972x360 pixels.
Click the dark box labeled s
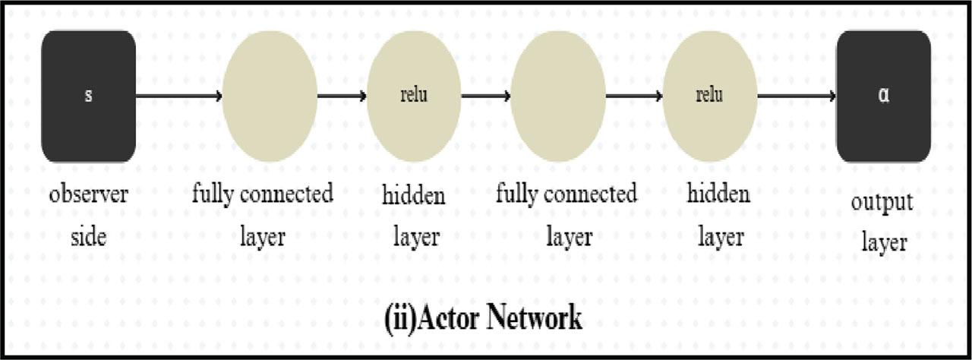click(89, 96)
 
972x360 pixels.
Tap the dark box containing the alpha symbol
click(883, 96)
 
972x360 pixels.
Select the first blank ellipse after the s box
click(270, 96)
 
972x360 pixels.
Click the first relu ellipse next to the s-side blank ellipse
click(414, 96)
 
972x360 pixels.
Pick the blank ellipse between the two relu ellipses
click(558, 96)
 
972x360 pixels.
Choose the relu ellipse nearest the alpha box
click(710, 96)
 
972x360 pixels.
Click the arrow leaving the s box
click(179, 96)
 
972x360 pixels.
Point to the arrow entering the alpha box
click(797, 96)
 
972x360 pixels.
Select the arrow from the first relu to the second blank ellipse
click(486, 96)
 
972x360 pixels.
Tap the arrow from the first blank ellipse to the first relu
click(342, 96)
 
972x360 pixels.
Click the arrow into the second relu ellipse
click(634, 96)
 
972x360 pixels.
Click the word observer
click(89, 194)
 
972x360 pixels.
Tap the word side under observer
click(89, 237)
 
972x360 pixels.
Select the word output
click(882, 203)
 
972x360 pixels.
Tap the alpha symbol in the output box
click(883, 95)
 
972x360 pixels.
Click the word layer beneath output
click(885, 242)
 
